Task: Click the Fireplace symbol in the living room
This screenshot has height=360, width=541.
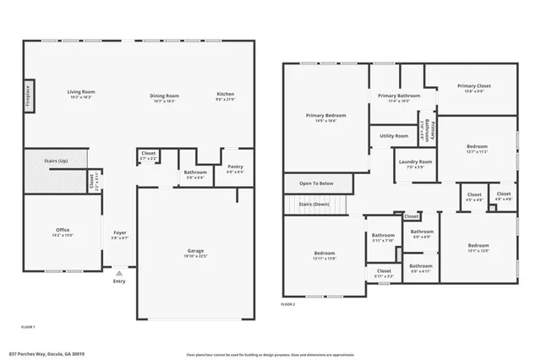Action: coord(28,93)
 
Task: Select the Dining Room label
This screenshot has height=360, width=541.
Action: coord(164,95)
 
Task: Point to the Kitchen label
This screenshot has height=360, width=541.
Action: coord(225,94)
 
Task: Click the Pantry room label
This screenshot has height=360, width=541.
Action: coord(234,167)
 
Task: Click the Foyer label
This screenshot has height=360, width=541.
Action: coord(119,234)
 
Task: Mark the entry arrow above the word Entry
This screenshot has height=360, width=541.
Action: coord(119,273)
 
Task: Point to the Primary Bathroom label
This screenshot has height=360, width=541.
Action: coord(399,96)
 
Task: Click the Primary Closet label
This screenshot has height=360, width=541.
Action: coord(474,86)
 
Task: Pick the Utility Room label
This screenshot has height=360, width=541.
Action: coord(394,135)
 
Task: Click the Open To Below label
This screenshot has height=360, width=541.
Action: coord(316,183)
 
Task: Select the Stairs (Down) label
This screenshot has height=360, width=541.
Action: coord(314,204)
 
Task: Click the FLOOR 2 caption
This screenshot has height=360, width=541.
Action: coord(288,304)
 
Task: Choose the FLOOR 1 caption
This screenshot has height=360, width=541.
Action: coord(28,326)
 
